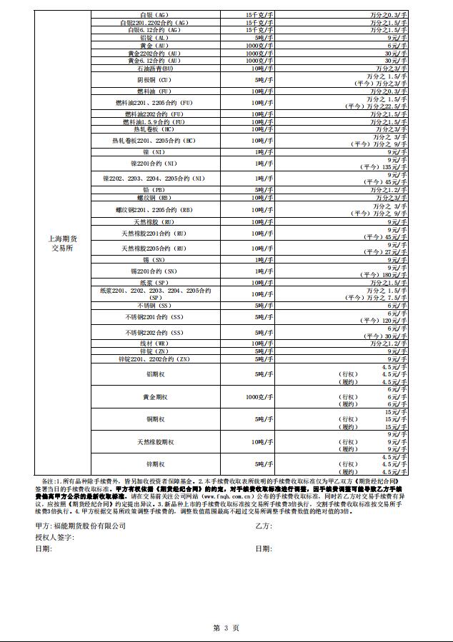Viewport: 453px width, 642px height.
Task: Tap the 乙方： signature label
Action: [x=263, y=526]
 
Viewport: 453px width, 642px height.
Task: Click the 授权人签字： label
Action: [x=55, y=537]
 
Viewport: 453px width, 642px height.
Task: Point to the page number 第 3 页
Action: [x=226, y=628]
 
